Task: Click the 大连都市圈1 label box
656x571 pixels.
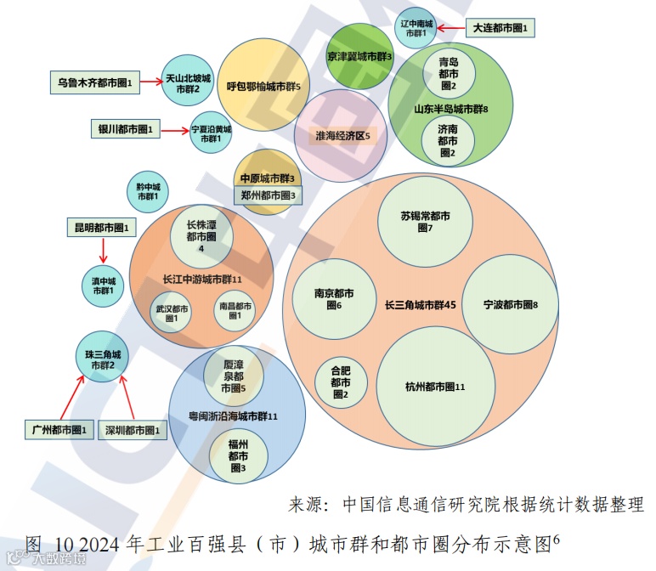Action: tap(500, 28)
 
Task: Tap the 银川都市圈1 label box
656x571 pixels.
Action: tap(125, 129)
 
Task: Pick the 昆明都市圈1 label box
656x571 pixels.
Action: tap(101, 228)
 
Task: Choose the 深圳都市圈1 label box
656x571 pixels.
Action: tap(133, 430)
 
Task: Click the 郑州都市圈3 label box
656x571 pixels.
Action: tap(267, 195)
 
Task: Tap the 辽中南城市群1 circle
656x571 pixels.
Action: tap(416, 27)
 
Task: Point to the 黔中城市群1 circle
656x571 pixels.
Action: tap(148, 191)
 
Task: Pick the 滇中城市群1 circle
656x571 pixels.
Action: tap(103, 285)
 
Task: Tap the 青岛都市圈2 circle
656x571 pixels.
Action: tap(448, 73)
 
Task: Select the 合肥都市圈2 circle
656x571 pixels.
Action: tap(340, 382)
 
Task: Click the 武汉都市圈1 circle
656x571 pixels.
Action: tap(171, 312)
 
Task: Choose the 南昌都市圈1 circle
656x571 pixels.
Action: tap(235, 311)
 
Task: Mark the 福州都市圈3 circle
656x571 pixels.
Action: tap(237, 455)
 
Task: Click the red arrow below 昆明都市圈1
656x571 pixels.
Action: tap(102, 250)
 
